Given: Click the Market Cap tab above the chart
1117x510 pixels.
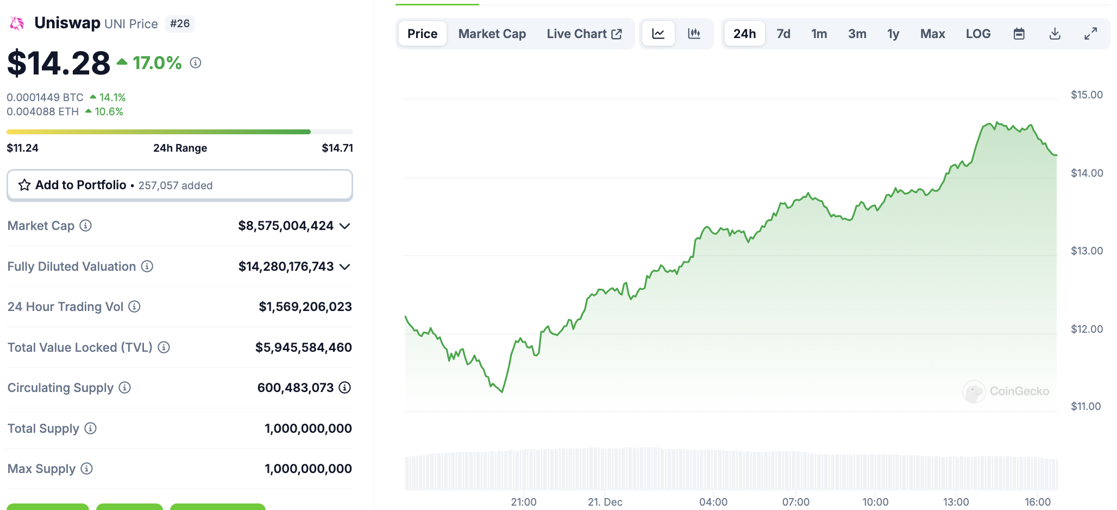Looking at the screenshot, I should (x=492, y=34).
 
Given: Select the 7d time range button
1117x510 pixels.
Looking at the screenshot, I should (x=783, y=34).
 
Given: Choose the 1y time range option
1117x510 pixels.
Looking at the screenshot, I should (x=893, y=34).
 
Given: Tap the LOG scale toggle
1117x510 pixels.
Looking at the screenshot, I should (x=978, y=34).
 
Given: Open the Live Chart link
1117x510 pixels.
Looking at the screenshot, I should (x=584, y=34).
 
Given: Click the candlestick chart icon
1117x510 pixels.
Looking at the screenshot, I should (x=694, y=34).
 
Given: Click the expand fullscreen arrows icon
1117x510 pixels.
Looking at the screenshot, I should (x=1090, y=34).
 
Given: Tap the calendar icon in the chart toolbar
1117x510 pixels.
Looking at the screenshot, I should (x=1019, y=34).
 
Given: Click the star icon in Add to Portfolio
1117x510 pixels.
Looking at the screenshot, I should (x=24, y=185).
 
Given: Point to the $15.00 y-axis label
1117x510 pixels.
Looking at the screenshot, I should (x=1087, y=95).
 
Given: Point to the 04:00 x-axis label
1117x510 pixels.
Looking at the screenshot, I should (x=713, y=502).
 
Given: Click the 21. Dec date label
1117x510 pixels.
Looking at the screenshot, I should (x=605, y=502).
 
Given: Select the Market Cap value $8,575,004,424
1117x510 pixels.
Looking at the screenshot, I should (x=286, y=226).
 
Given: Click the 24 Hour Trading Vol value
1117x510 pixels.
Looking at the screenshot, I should (x=305, y=307).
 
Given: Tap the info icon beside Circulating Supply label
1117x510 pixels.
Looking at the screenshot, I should (x=125, y=388).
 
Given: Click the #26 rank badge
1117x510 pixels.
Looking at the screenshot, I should (x=180, y=23).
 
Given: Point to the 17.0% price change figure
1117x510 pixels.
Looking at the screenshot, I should (x=157, y=63).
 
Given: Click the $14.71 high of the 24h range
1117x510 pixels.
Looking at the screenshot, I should (x=337, y=148).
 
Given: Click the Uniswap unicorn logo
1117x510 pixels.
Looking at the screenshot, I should (x=17, y=23).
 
